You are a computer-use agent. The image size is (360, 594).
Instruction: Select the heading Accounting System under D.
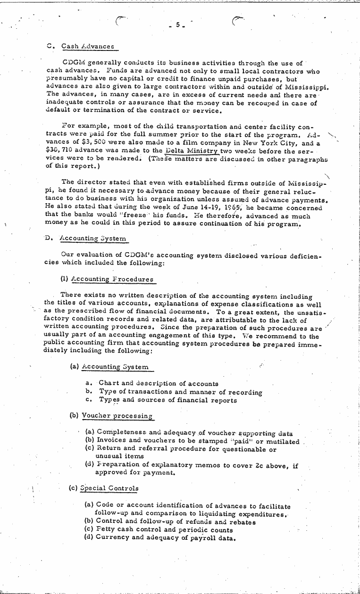click(x=93, y=239)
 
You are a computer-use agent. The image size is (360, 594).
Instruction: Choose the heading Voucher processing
click(x=117, y=416)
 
